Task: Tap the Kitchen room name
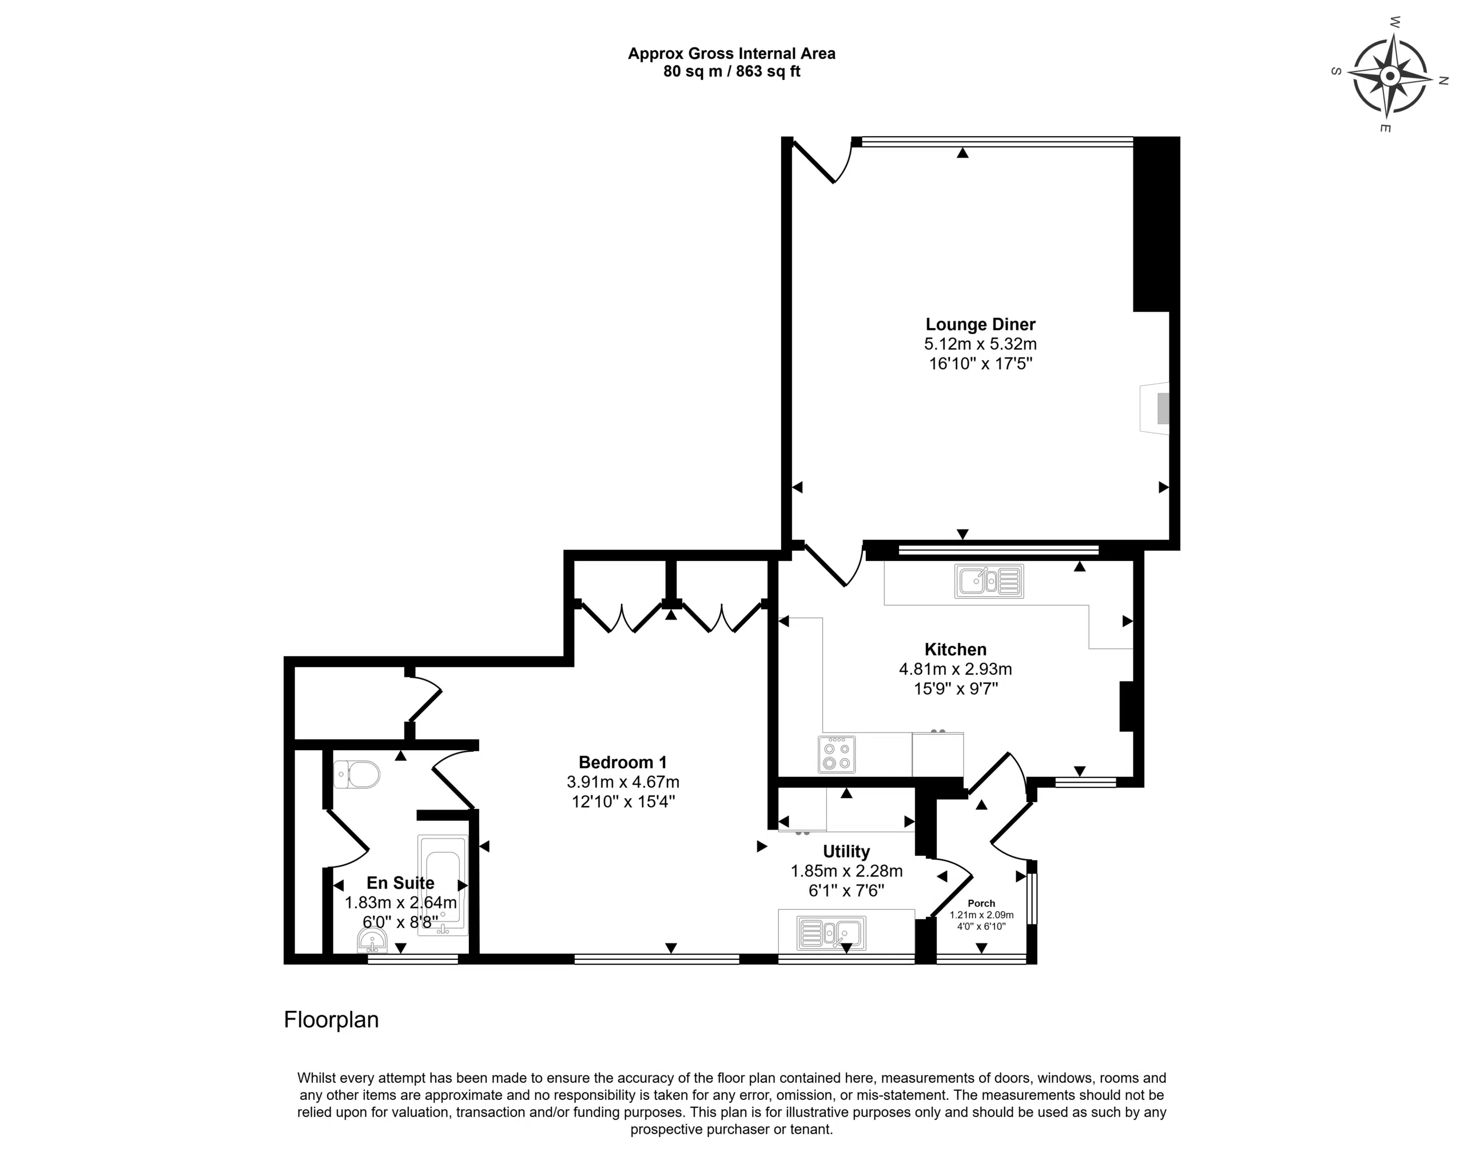pos(956,649)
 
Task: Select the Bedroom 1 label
pos(623,762)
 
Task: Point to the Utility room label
pos(846,851)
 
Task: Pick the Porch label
pos(981,903)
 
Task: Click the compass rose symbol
pos(1389,76)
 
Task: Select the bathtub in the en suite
pos(443,885)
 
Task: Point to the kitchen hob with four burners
pos(837,754)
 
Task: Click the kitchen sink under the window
pos(989,581)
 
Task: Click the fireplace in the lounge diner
pos(1155,408)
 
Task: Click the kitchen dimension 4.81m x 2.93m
pos(956,669)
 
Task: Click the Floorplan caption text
pos(331,1019)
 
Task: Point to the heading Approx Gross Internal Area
pos(731,54)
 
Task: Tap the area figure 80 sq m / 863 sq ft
pos(731,71)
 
